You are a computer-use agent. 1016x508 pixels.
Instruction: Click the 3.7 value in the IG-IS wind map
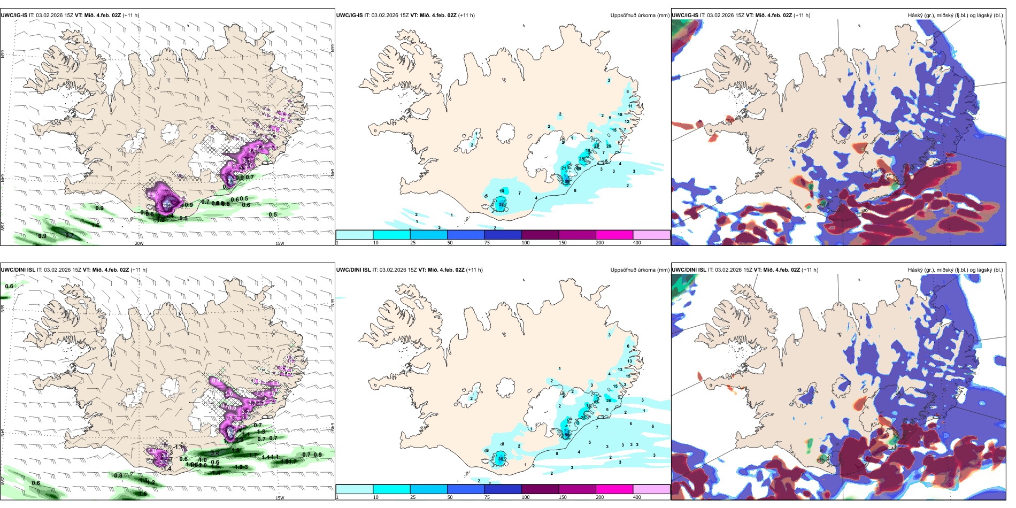point(70,235)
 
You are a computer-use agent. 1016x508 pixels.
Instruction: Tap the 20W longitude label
point(139,243)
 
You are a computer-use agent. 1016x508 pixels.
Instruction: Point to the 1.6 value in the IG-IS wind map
point(95,226)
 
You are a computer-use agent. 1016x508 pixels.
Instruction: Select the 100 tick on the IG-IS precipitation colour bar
point(526,243)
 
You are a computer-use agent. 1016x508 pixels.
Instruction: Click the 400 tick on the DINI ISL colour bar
point(637,497)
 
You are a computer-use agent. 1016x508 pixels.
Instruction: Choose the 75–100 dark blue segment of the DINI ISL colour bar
point(503,489)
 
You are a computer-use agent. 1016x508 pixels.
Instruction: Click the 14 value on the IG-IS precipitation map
point(502,191)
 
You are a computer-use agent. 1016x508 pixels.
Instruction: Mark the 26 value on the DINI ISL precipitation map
point(609,401)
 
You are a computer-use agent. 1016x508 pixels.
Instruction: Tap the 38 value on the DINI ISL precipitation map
point(501,459)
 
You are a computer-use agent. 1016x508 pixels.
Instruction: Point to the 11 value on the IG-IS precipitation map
point(630,106)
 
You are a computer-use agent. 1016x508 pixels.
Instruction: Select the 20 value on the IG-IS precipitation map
point(609,146)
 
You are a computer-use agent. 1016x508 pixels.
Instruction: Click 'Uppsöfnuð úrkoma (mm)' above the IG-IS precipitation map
point(640,16)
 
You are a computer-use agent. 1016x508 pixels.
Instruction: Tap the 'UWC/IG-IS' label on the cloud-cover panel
point(685,16)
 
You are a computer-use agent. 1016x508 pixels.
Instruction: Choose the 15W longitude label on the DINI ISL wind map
point(279,498)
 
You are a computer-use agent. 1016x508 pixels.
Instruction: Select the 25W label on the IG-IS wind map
point(3,226)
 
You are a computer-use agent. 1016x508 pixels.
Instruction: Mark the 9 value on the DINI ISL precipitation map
point(607,410)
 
